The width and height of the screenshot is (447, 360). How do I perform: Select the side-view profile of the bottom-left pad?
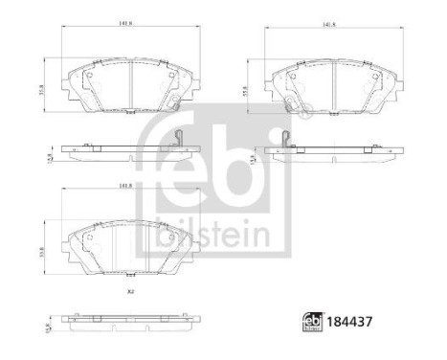coord(128,318)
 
